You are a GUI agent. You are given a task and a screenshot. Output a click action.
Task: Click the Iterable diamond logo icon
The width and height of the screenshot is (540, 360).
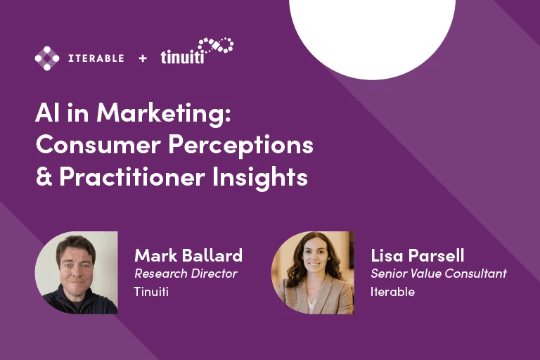click(47, 58)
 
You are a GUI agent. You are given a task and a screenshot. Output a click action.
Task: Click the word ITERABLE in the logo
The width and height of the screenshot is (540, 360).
click(96, 58)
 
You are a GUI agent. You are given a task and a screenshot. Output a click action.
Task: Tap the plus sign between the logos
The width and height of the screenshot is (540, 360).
click(143, 58)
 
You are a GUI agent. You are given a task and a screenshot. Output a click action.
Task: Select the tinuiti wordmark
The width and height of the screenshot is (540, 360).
click(183, 57)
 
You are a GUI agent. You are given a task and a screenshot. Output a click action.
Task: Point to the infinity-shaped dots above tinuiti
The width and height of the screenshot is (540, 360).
click(215, 47)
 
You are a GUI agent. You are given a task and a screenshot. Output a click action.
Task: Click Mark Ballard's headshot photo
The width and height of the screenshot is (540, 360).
click(76, 273)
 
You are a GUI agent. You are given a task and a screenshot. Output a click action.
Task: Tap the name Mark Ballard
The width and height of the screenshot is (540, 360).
click(188, 255)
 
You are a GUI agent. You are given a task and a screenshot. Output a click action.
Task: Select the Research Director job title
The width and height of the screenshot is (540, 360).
click(186, 274)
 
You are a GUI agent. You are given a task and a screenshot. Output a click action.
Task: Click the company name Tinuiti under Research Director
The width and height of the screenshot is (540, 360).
click(150, 291)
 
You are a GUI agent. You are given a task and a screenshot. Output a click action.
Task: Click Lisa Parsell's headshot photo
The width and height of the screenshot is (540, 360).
click(312, 273)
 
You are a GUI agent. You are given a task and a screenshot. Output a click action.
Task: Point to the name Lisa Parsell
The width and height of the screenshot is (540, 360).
click(418, 255)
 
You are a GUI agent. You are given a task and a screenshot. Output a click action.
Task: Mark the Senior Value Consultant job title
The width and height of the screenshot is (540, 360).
click(438, 274)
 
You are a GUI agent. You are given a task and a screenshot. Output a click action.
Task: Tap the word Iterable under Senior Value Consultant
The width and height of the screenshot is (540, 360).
click(392, 291)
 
